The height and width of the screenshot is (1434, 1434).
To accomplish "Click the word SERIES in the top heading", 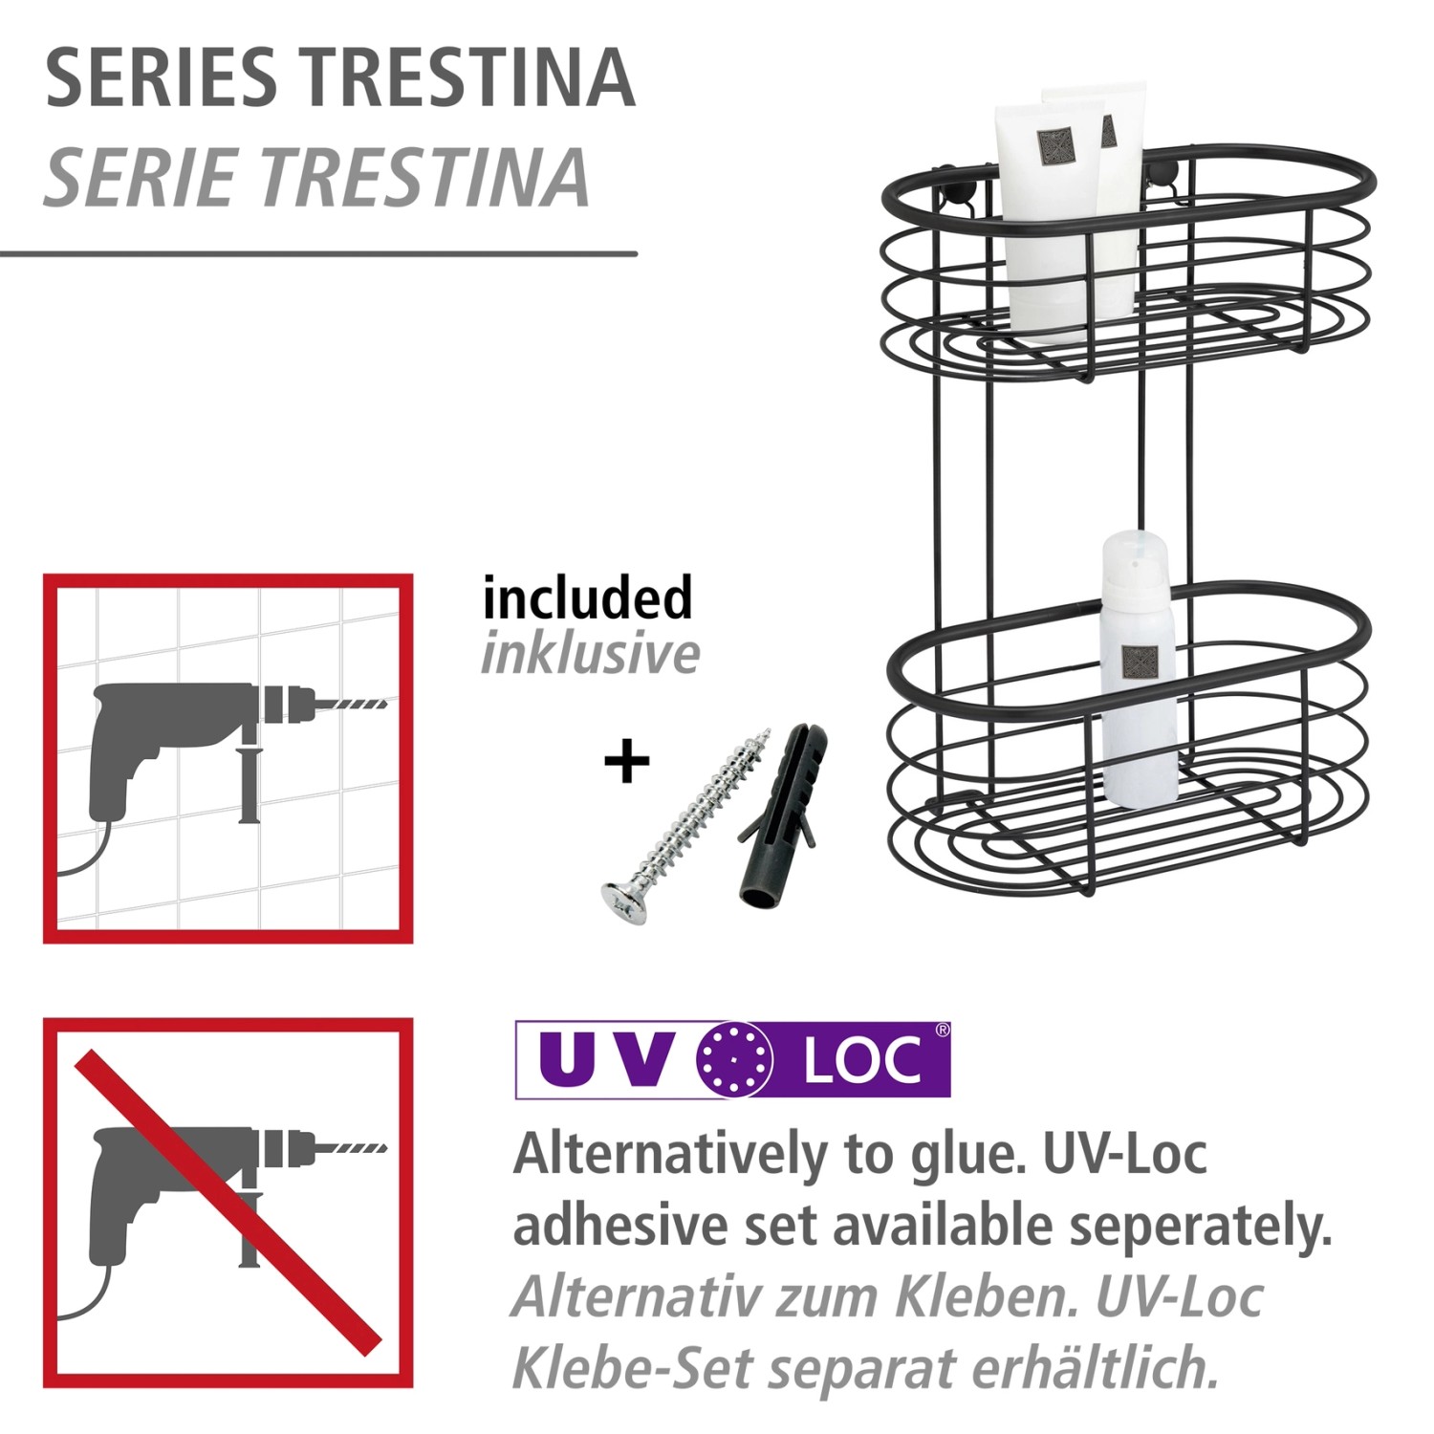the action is point(161,77).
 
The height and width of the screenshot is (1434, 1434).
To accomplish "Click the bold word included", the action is point(587,598).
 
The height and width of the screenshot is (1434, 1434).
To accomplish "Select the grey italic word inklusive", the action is point(590,654).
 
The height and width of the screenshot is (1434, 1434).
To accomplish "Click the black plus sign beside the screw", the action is point(627,761).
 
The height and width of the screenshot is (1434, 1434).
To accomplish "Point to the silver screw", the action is point(685,826).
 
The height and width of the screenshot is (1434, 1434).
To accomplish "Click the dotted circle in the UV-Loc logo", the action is point(734,1059).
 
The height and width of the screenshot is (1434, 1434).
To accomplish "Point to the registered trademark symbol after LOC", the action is point(942,1031).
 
